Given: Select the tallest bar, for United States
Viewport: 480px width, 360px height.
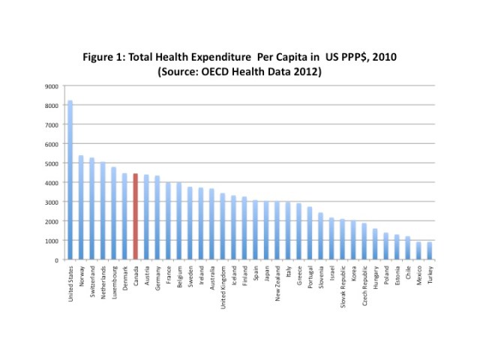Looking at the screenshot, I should pyautogui.click(x=70, y=180).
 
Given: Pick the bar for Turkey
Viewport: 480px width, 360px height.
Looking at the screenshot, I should pyautogui.click(x=429, y=250).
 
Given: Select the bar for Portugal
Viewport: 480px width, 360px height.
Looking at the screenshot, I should pyautogui.click(x=310, y=233).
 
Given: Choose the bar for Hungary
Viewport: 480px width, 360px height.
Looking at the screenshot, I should pyautogui.click(x=375, y=244).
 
